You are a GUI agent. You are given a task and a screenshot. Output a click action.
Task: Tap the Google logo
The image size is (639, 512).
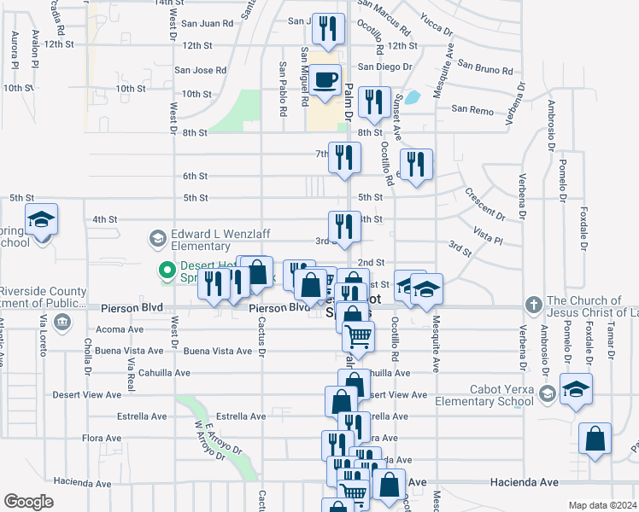click(x=28, y=502)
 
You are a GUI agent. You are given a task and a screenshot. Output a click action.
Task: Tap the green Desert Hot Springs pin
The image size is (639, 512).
click(x=168, y=273)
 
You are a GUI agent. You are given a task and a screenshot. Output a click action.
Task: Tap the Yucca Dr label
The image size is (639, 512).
click(x=437, y=22)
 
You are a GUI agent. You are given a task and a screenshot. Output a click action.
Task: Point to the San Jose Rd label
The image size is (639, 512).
click(x=201, y=70)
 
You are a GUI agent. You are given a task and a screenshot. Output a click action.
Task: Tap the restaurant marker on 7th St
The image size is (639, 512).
click(x=344, y=158)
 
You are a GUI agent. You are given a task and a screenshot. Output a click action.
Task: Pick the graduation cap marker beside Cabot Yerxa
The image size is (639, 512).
click(x=577, y=389)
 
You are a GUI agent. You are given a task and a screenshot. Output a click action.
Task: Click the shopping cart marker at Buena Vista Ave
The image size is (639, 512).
click(x=359, y=336)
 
